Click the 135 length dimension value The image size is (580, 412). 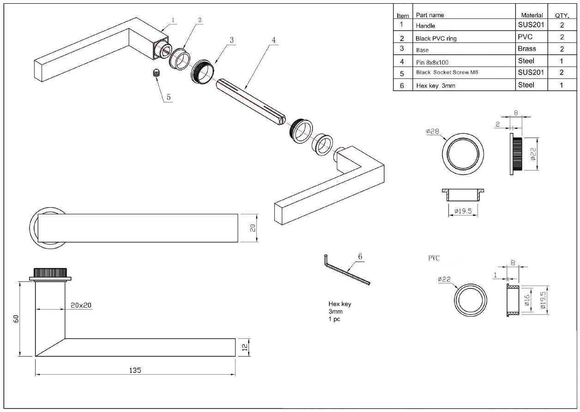pyautogui.click(x=135, y=370)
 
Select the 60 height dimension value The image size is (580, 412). pyautogui.click(x=16, y=319)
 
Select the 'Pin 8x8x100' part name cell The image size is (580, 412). pyautogui.click(x=432, y=61)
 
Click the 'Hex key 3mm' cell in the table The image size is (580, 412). pyautogui.click(x=432, y=85)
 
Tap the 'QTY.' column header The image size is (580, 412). pyautogui.click(x=562, y=15)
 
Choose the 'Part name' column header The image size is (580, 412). pyautogui.click(x=430, y=15)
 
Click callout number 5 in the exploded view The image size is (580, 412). pyautogui.click(x=169, y=97)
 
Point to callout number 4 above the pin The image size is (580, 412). pyautogui.click(x=274, y=40)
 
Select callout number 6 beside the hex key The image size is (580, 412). pyautogui.click(x=360, y=257)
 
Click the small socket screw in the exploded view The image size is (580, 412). pyautogui.click(x=156, y=72)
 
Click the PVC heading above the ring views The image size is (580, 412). pyautogui.click(x=434, y=258)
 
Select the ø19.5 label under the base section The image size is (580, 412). pyautogui.click(x=463, y=211)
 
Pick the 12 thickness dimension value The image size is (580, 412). pyautogui.click(x=245, y=347)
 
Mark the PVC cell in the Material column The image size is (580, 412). pyautogui.click(x=526, y=37)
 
